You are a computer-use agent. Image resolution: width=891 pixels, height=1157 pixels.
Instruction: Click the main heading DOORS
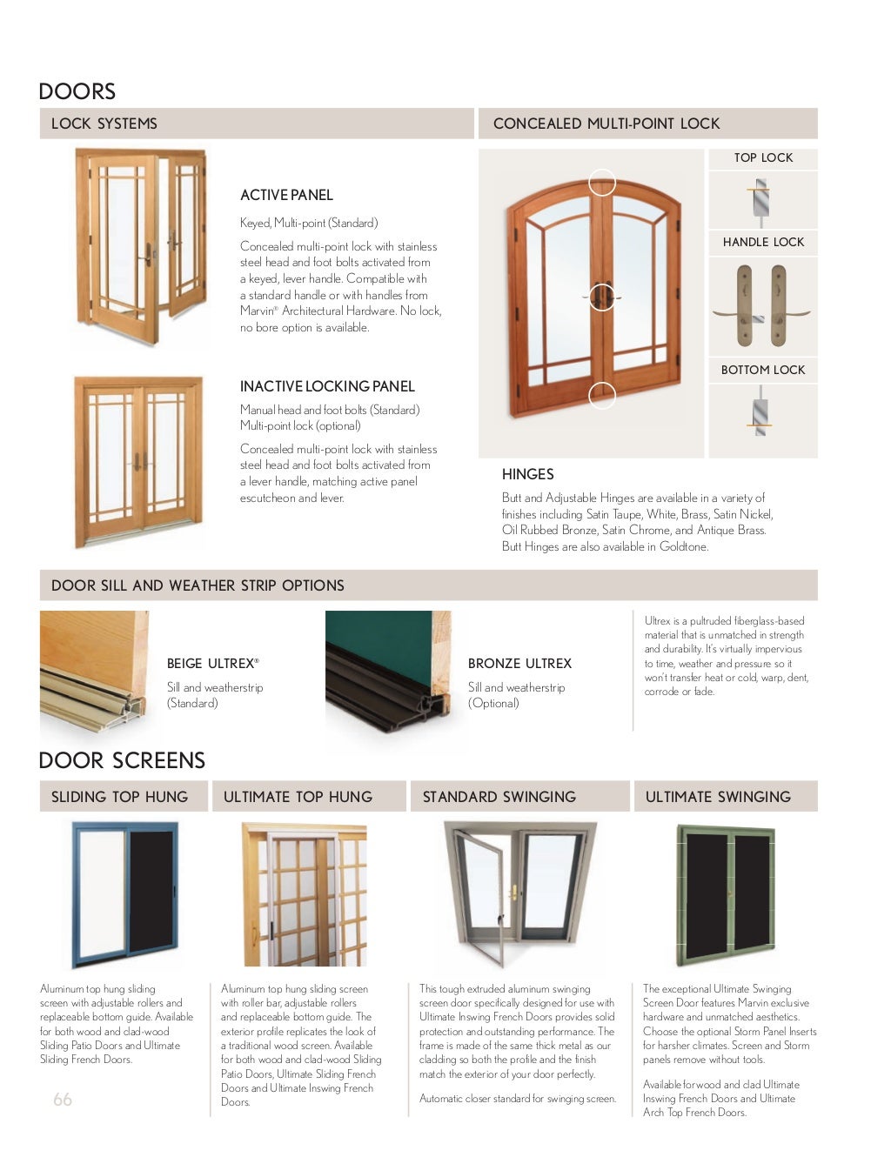tap(77, 91)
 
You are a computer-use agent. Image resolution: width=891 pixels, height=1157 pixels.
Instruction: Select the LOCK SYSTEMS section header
tap(104, 124)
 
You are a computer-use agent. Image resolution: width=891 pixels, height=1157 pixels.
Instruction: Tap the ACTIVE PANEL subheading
tap(286, 195)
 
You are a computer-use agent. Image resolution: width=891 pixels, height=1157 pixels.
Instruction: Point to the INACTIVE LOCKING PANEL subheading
tap(327, 386)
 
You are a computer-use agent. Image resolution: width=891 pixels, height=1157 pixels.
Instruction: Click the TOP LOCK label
tap(763, 157)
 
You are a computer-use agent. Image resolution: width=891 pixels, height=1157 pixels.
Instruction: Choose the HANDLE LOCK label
tap(763, 242)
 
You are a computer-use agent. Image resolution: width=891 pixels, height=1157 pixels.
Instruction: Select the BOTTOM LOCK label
tap(763, 370)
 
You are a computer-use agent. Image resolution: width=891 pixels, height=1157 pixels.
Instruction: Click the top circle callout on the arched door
tap(602, 183)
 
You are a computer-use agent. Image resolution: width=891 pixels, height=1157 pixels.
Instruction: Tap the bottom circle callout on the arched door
tap(602, 395)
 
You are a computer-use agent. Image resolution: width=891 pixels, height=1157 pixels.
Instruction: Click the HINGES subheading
tap(527, 474)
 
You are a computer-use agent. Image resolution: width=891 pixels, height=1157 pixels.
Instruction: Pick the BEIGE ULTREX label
tap(212, 663)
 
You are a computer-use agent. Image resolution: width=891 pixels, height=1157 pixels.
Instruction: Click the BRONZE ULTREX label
tap(519, 663)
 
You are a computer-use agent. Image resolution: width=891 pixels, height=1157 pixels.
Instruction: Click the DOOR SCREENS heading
tap(122, 760)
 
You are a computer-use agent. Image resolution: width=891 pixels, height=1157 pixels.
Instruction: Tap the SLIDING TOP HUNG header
tap(119, 797)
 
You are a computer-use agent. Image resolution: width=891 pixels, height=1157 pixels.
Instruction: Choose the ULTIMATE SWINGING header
tap(718, 797)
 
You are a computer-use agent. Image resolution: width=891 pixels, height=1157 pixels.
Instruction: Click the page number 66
tap(63, 1100)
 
